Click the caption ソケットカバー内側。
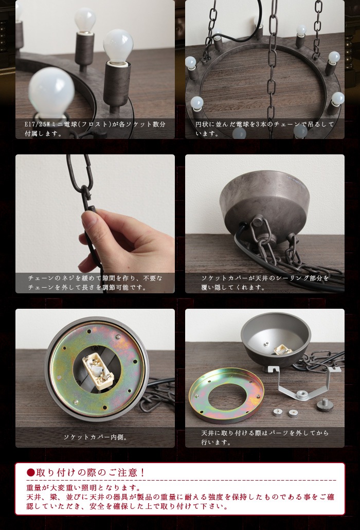(95, 437)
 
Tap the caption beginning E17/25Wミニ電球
(95, 129)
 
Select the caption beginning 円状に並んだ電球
(265, 129)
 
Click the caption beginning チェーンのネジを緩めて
(95, 282)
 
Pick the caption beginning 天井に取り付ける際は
(265, 437)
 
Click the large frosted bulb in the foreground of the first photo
(51, 93)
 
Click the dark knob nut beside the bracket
(325, 405)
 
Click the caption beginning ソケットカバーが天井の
(265, 282)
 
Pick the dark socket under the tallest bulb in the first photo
(117, 82)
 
